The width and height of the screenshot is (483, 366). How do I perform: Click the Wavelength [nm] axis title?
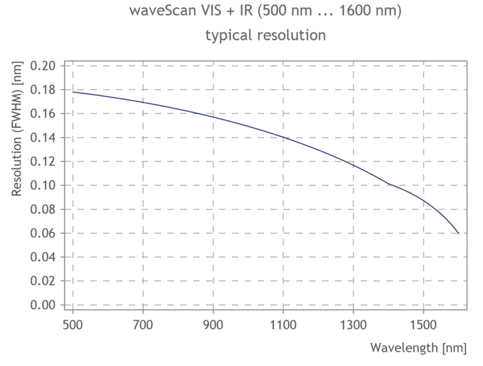click(418, 348)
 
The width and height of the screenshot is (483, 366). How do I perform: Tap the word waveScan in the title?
click(158, 12)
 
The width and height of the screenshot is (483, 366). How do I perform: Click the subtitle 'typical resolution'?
click(266, 35)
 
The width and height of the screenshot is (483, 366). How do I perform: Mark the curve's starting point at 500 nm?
click(73, 92)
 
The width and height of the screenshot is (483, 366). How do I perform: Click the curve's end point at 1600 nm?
click(459, 234)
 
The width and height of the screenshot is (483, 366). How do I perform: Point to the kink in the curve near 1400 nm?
click(388, 184)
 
